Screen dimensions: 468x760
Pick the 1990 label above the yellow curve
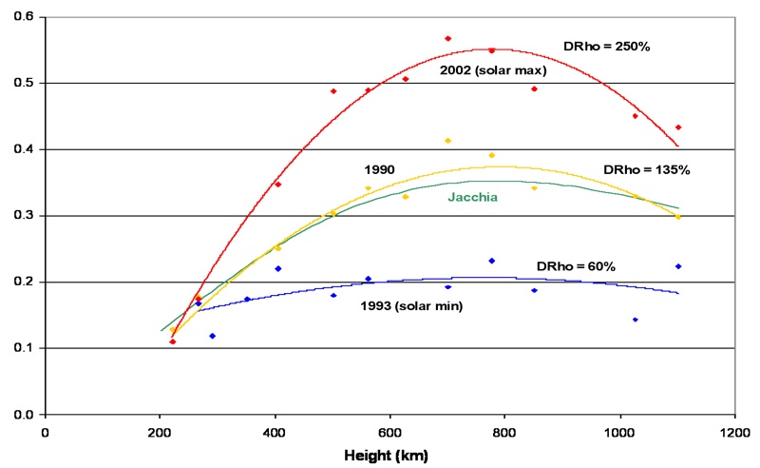[x=379, y=169]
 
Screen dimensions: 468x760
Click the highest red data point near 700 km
[x=447, y=39]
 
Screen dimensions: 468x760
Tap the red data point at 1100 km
[x=678, y=127]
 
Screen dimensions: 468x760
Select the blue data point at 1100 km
[x=678, y=266]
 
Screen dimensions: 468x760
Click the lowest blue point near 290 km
[x=212, y=336]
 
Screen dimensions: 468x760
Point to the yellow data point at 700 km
[x=447, y=141]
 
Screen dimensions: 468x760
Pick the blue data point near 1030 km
[x=636, y=320]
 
